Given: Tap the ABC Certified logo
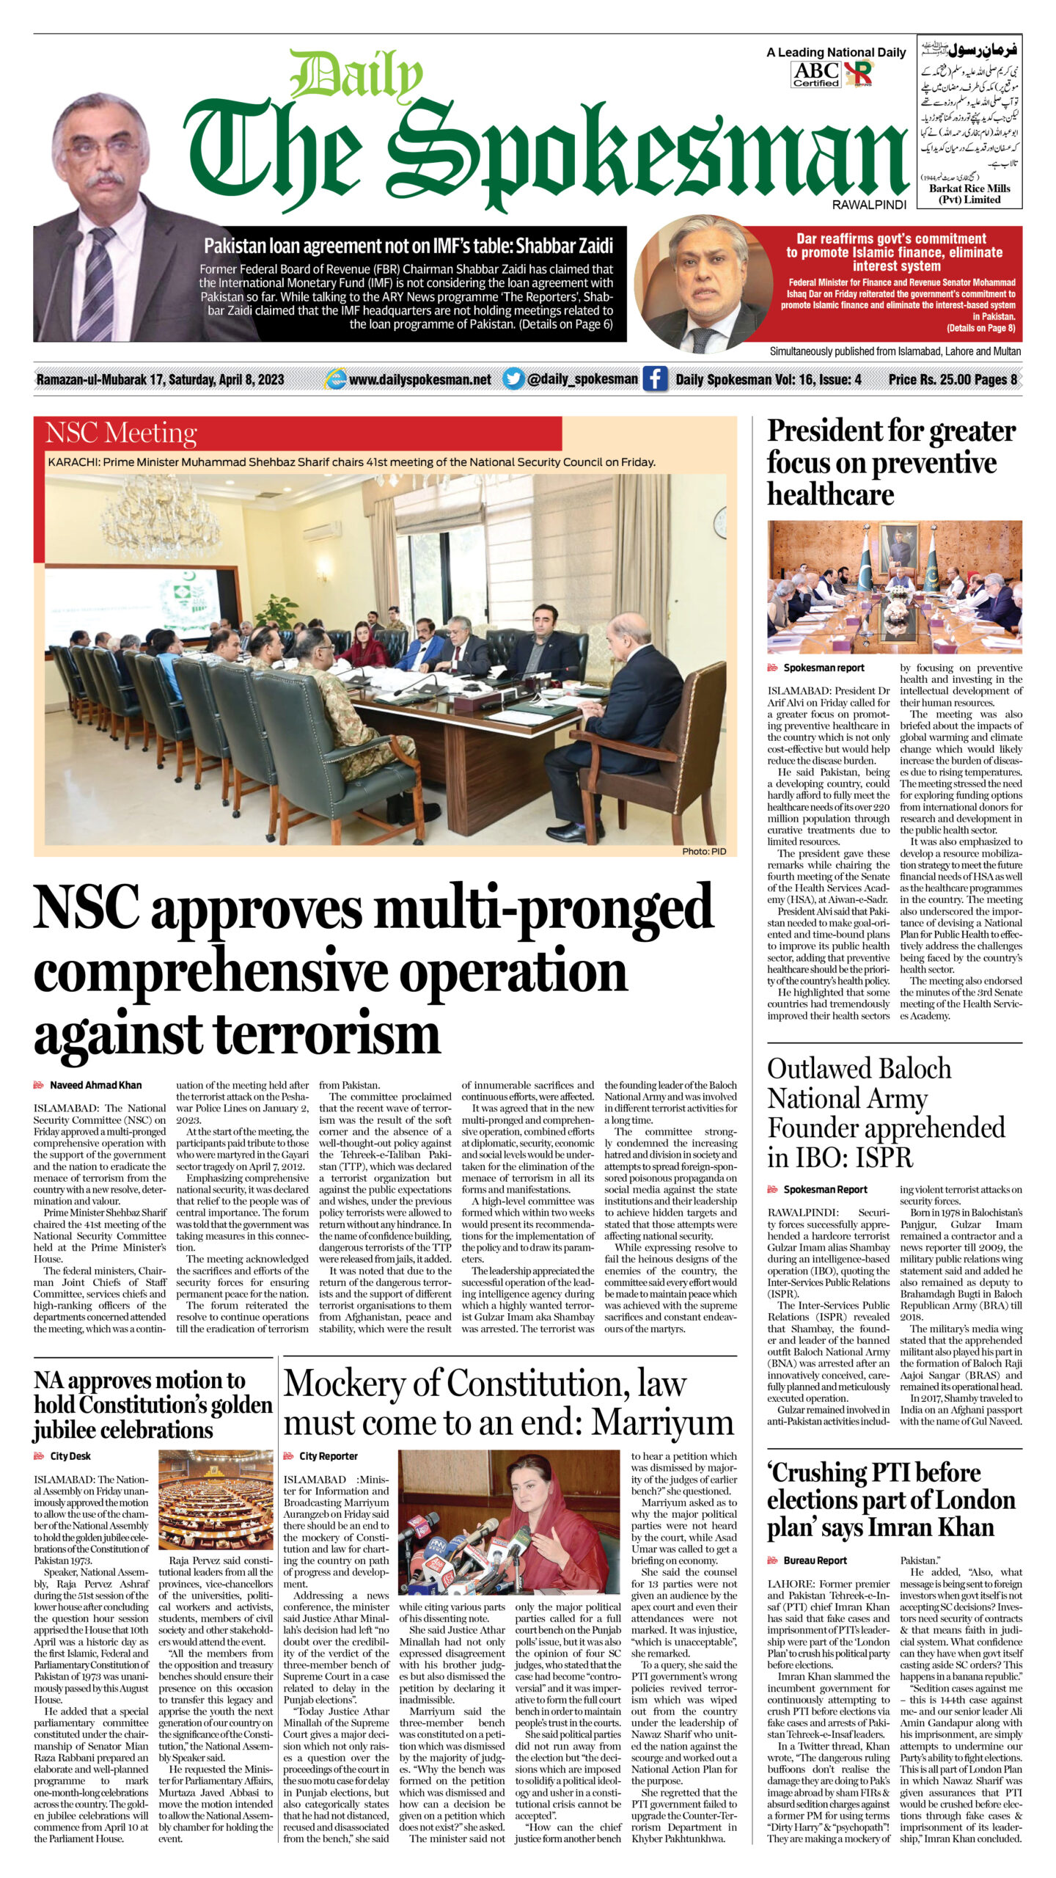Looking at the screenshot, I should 815,74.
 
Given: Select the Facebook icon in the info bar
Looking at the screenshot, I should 654,379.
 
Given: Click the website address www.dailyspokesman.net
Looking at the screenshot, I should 420,379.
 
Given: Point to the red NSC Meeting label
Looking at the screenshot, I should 122,433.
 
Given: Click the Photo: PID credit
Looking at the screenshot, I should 704,851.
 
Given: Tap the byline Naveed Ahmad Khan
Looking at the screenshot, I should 95,1085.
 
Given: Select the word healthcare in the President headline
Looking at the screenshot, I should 830,494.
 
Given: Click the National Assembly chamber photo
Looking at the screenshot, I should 216,1488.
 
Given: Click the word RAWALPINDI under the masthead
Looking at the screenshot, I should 869,205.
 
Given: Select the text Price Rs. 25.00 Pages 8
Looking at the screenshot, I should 953,379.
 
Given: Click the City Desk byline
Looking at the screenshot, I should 70,1456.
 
